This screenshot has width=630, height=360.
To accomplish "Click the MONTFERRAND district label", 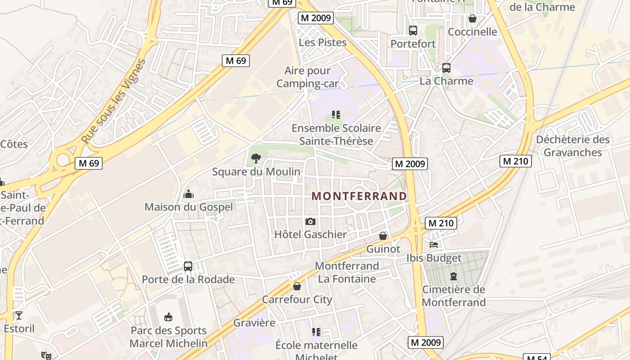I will click(360, 196).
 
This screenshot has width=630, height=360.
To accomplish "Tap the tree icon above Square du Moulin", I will click(256, 158).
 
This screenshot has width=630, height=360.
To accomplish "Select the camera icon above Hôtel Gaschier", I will click(310, 221).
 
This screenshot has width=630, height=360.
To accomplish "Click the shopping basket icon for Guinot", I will click(383, 236).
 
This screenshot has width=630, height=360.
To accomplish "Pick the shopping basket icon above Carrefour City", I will click(297, 286).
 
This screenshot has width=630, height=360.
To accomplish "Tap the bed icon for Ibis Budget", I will click(434, 245).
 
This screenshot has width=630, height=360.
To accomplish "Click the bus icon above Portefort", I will click(413, 31).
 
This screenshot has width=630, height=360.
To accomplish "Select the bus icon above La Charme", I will click(446, 68).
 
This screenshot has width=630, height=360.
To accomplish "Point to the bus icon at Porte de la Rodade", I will click(188, 266).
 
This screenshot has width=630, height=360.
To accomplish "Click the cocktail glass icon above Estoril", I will click(19, 315).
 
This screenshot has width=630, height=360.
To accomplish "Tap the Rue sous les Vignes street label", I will click(114, 102).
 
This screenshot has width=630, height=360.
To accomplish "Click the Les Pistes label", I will click(323, 43).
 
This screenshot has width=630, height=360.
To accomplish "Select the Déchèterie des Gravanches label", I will click(572, 146).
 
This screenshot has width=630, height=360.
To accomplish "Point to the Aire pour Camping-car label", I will click(308, 77).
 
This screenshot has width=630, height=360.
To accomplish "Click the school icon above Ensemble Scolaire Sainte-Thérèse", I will click(336, 115).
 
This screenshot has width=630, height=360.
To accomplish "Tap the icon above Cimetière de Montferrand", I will click(454, 276).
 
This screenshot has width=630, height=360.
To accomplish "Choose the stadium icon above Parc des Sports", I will click(168, 317).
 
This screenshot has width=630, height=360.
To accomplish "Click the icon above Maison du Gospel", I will click(189, 194).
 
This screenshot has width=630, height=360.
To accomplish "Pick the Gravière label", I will click(254, 323).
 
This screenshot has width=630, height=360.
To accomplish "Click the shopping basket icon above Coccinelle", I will click(472, 18).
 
